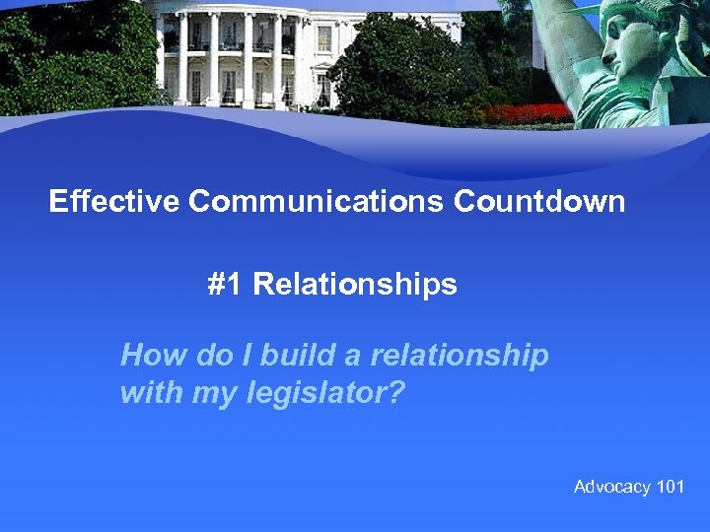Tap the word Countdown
pos(539,202)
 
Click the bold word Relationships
pos(355,285)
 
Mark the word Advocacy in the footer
pos(611,487)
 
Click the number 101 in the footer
pos(670,487)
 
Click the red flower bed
pos(532,114)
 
